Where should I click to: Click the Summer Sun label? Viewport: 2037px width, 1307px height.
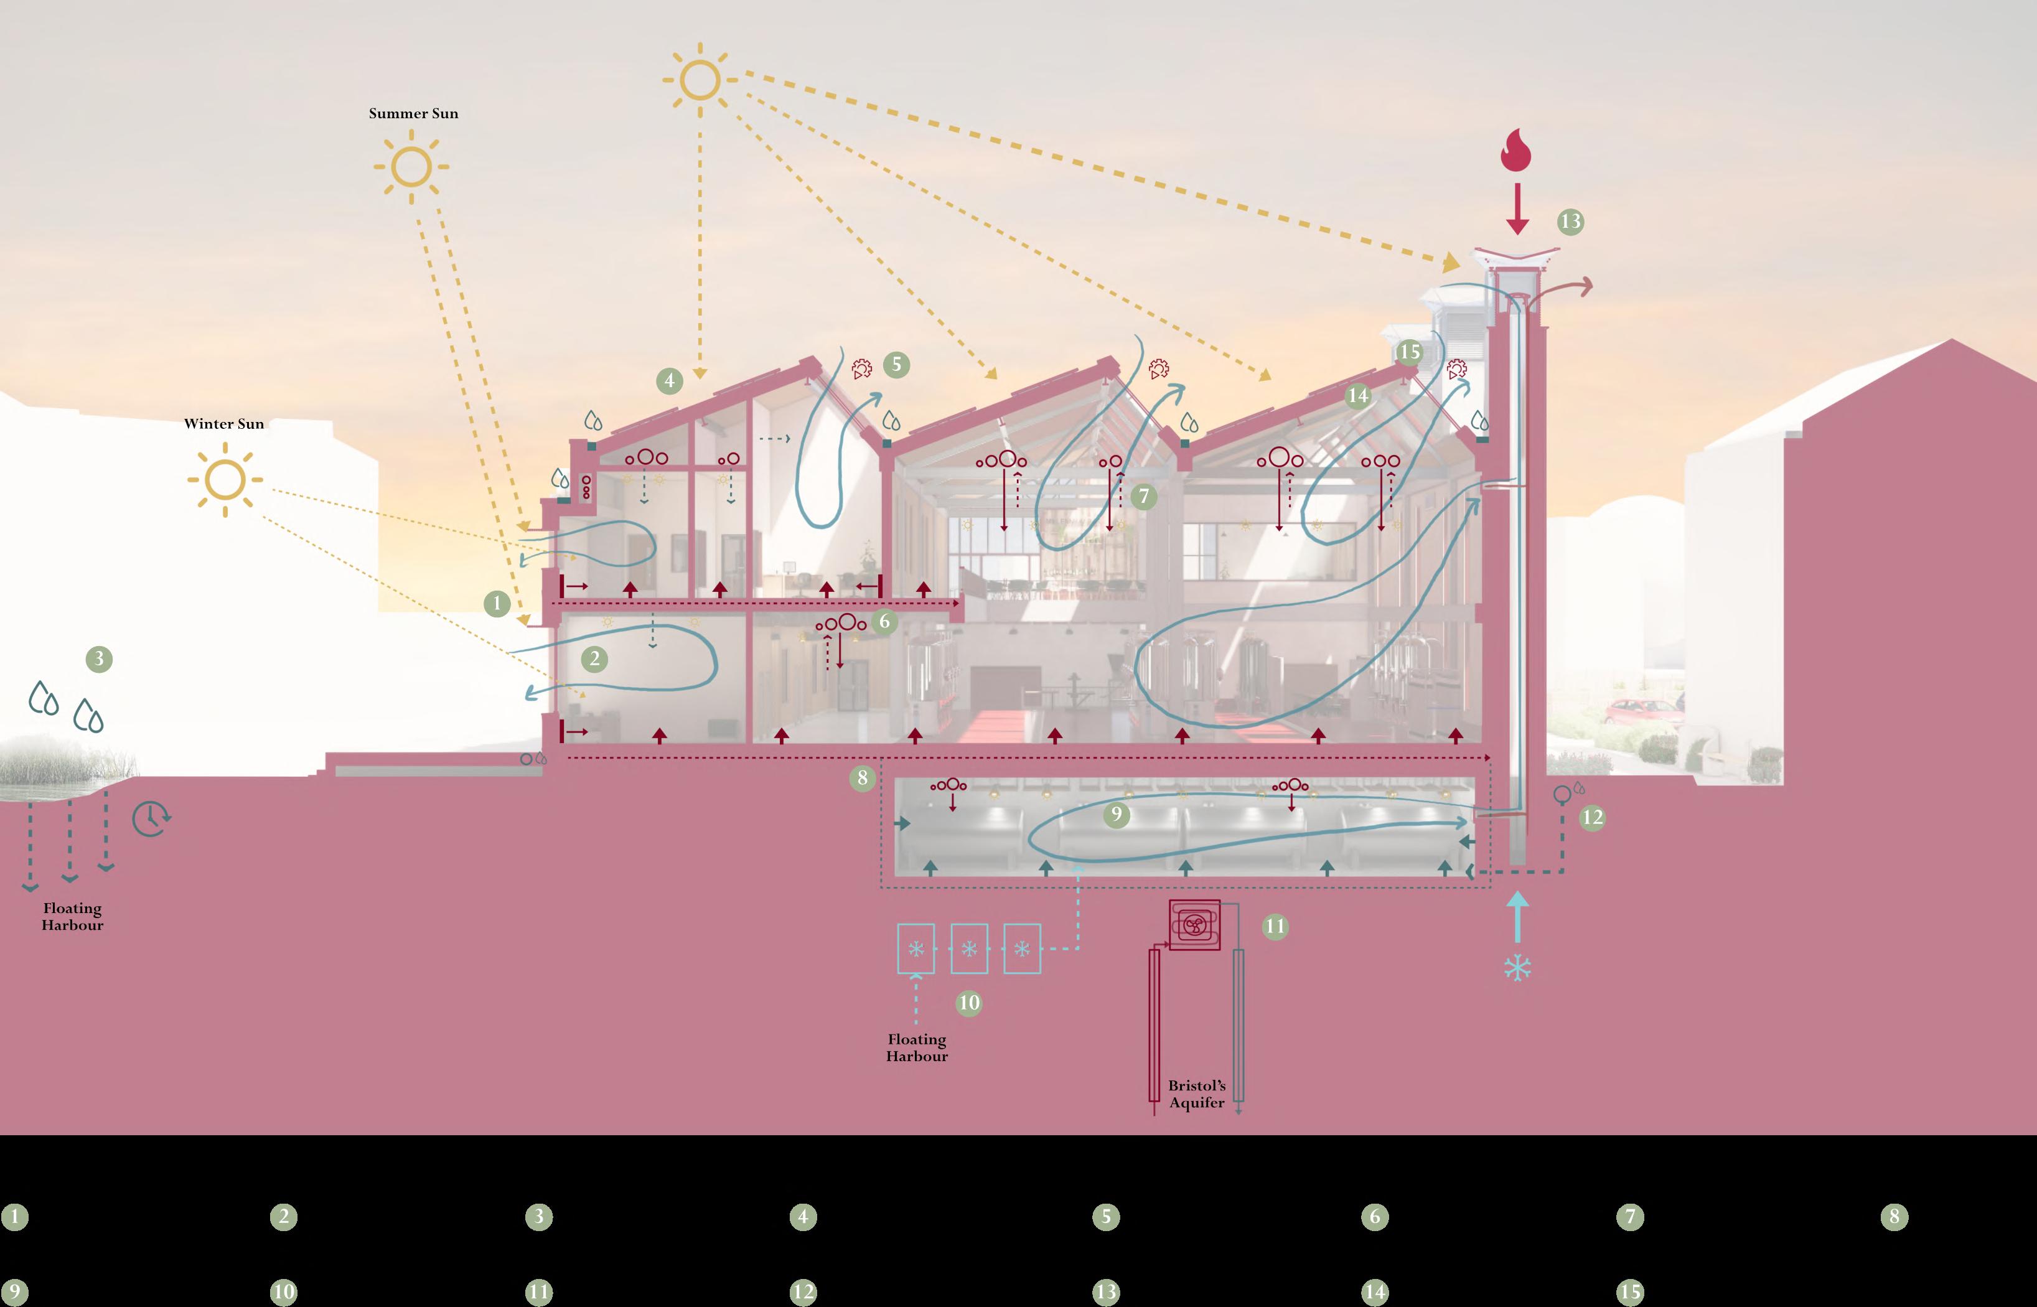click(413, 113)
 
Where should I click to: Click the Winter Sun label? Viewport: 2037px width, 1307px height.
click(224, 423)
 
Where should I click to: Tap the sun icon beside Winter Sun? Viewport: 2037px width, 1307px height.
click(225, 479)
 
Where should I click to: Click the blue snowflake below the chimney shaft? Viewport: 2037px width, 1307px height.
click(1517, 968)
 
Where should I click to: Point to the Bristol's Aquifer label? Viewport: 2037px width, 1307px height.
click(1197, 1094)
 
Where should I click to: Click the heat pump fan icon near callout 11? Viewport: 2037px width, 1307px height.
click(1194, 925)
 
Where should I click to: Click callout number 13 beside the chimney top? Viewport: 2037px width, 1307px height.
click(1570, 222)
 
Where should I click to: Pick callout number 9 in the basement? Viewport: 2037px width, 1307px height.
click(1116, 815)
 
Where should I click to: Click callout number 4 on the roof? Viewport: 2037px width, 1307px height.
click(670, 380)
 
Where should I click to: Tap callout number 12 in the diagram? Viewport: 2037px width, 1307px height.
click(1591, 817)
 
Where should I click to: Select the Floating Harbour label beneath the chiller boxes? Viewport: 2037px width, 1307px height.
click(917, 1047)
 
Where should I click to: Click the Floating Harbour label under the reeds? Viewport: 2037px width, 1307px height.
click(72, 917)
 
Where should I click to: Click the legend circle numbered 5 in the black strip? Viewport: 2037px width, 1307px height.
click(1106, 1217)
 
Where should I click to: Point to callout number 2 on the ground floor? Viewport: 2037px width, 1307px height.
click(594, 658)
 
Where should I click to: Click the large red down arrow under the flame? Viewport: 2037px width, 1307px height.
click(1517, 208)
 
